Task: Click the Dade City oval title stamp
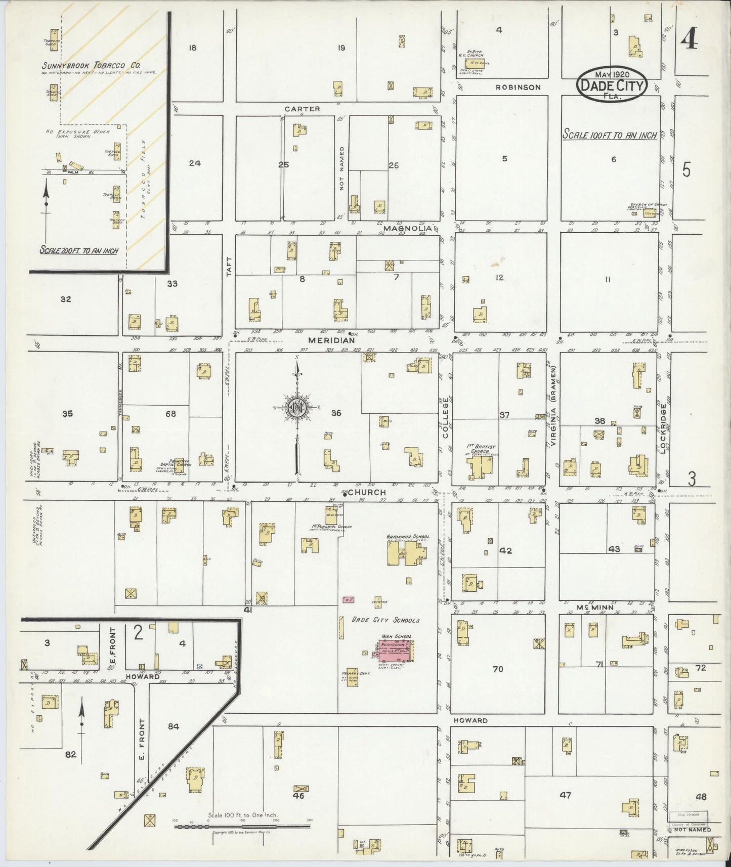coord(612,84)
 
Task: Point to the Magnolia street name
coord(408,228)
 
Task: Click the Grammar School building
coord(405,555)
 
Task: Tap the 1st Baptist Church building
coord(480,466)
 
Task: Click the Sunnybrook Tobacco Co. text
coord(91,65)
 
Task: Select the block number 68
coord(171,414)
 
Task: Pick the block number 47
coord(565,795)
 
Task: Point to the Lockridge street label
coord(663,427)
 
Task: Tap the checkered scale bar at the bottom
coord(242,826)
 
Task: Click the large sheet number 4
coord(690,39)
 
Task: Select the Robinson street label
coord(518,87)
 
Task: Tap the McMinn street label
coord(595,607)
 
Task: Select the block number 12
coord(499,277)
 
